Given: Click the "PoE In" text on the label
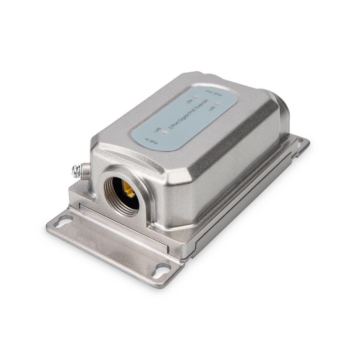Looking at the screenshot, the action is click(x=150, y=141).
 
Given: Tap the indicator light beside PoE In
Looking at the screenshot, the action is click(x=164, y=133).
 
